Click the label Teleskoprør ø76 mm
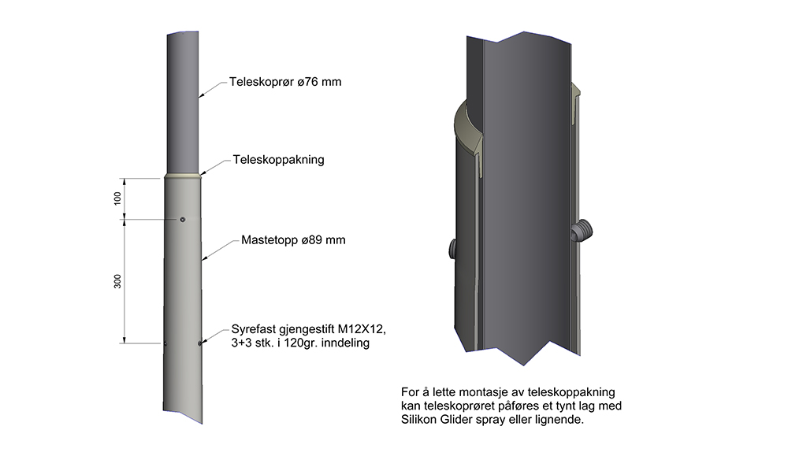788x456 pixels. click(x=285, y=82)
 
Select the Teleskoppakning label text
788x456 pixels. click(x=278, y=160)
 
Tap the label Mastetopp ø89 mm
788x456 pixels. click(x=293, y=240)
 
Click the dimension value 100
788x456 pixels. click(x=117, y=198)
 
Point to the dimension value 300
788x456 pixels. click(x=117, y=281)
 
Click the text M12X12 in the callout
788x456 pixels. click(x=361, y=329)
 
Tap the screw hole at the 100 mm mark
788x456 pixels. click(x=183, y=220)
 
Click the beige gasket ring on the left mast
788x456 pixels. click(x=183, y=176)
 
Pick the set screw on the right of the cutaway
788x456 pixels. click(x=582, y=230)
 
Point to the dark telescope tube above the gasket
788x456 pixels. click(x=183, y=103)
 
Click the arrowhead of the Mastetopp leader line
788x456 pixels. click(x=203, y=259)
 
